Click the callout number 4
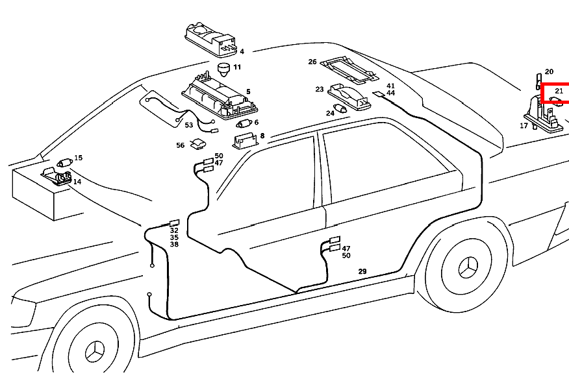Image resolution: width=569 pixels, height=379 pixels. pyautogui.click(x=242, y=51)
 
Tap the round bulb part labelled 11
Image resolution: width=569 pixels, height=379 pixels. pyautogui.click(x=224, y=69)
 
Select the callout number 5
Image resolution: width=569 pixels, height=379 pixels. pyautogui.click(x=248, y=92)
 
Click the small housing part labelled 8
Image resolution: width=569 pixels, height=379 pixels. pyautogui.click(x=245, y=141)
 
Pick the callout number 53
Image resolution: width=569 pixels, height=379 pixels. pyautogui.click(x=189, y=125)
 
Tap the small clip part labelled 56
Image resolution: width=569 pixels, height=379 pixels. pyautogui.click(x=198, y=143)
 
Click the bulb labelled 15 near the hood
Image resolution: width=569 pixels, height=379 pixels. pyautogui.click(x=64, y=162)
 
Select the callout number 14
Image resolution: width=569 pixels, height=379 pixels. pyautogui.click(x=77, y=181)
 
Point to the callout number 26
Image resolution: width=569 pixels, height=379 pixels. pyautogui.click(x=312, y=62)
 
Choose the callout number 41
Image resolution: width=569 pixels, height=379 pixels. pyautogui.click(x=390, y=86)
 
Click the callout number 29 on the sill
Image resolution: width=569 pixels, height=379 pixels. pyautogui.click(x=362, y=271)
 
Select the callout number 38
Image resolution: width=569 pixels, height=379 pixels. pyautogui.click(x=174, y=245)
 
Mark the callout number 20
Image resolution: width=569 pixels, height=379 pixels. pyautogui.click(x=549, y=72)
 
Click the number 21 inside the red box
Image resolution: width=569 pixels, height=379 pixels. pyautogui.click(x=559, y=91)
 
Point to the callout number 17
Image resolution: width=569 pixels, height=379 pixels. pyautogui.click(x=524, y=126)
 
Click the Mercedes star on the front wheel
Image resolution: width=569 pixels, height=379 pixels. pyautogui.click(x=95, y=351)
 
